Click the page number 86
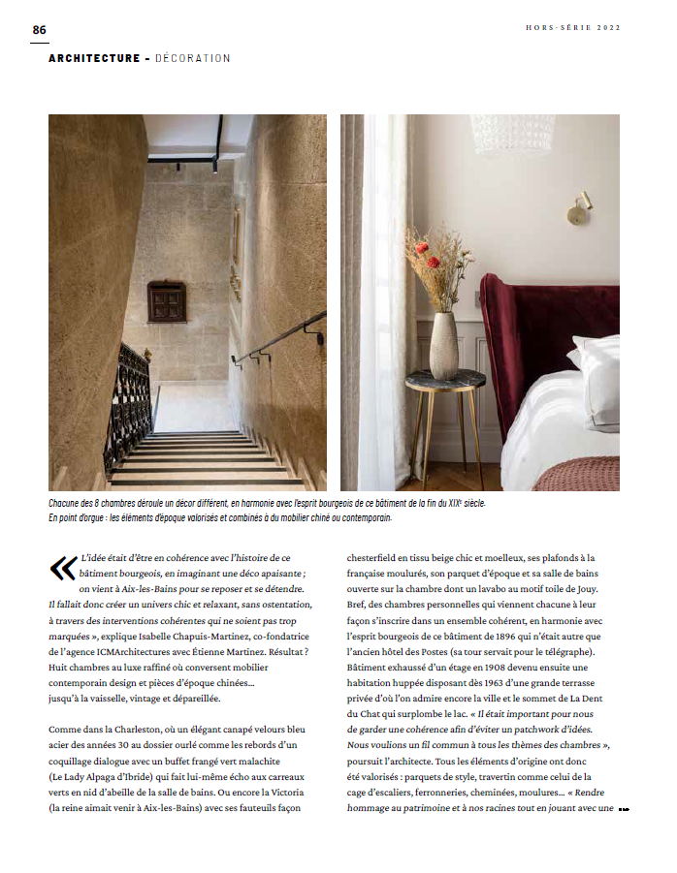click(39, 29)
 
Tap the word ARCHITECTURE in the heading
click(94, 59)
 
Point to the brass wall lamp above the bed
click(579, 208)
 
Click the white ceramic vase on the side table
click(443, 345)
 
